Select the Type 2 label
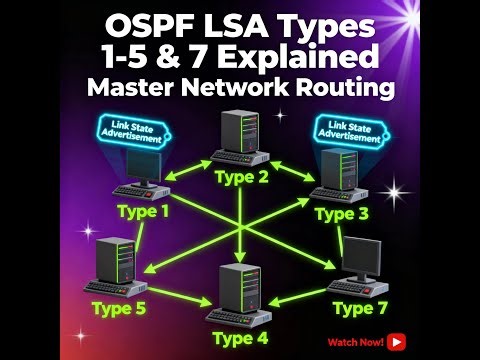coord(242,179)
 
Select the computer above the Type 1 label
coord(141,174)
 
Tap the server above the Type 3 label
coord(340,174)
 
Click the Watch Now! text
coord(356,342)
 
